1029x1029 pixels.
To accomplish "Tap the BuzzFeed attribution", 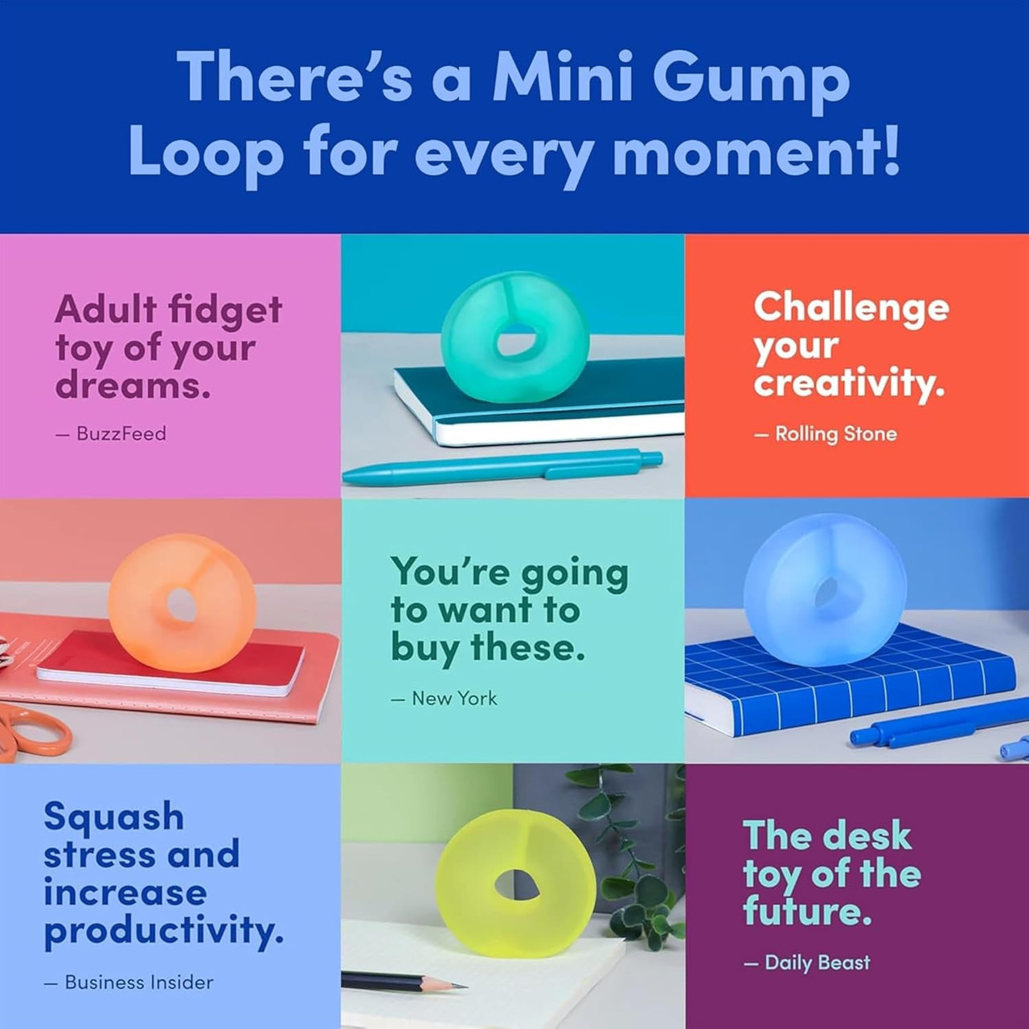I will [121, 434].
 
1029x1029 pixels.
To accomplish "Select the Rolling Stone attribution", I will [835, 434].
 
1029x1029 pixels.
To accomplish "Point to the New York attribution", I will [454, 699].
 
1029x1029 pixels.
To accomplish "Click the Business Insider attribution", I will [138, 982].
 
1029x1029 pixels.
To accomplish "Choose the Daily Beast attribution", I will [817, 962].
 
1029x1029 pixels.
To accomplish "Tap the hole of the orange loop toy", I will [181, 605].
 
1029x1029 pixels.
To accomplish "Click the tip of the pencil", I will [462, 985].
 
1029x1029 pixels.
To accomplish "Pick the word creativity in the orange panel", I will [849, 383].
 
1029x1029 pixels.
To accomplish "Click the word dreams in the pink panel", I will [132, 385].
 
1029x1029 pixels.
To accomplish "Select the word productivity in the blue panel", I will [163, 931].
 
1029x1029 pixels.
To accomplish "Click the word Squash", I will [113, 815].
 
